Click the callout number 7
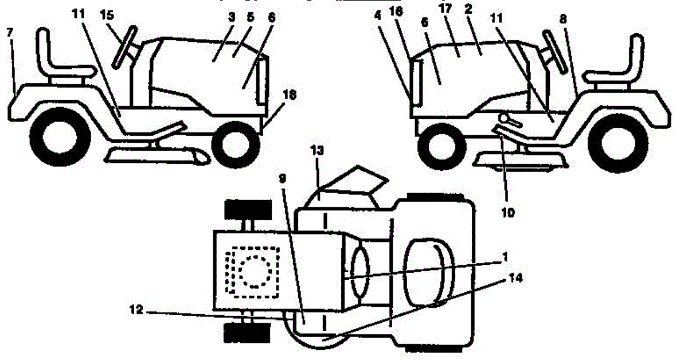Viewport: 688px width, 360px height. pyautogui.click(x=9, y=33)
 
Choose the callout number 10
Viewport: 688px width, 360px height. pyautogui.click(x=508, y=212)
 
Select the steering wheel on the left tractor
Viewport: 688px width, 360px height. pyautogui.click(x=125, y=46)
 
